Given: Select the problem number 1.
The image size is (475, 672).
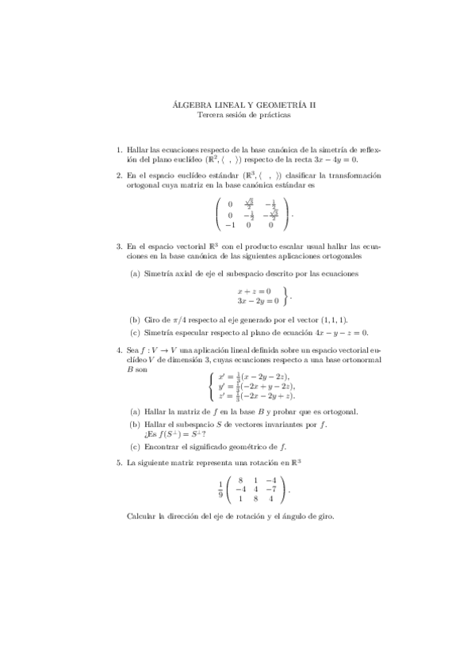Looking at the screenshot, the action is point(118,148).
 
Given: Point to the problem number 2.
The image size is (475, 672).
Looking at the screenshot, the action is point(118,175).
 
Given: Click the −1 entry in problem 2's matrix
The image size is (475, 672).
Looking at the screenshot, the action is point(230,225).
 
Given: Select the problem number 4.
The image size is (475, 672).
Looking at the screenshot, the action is point(118,349).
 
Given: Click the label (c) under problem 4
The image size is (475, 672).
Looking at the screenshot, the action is point(134,447).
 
